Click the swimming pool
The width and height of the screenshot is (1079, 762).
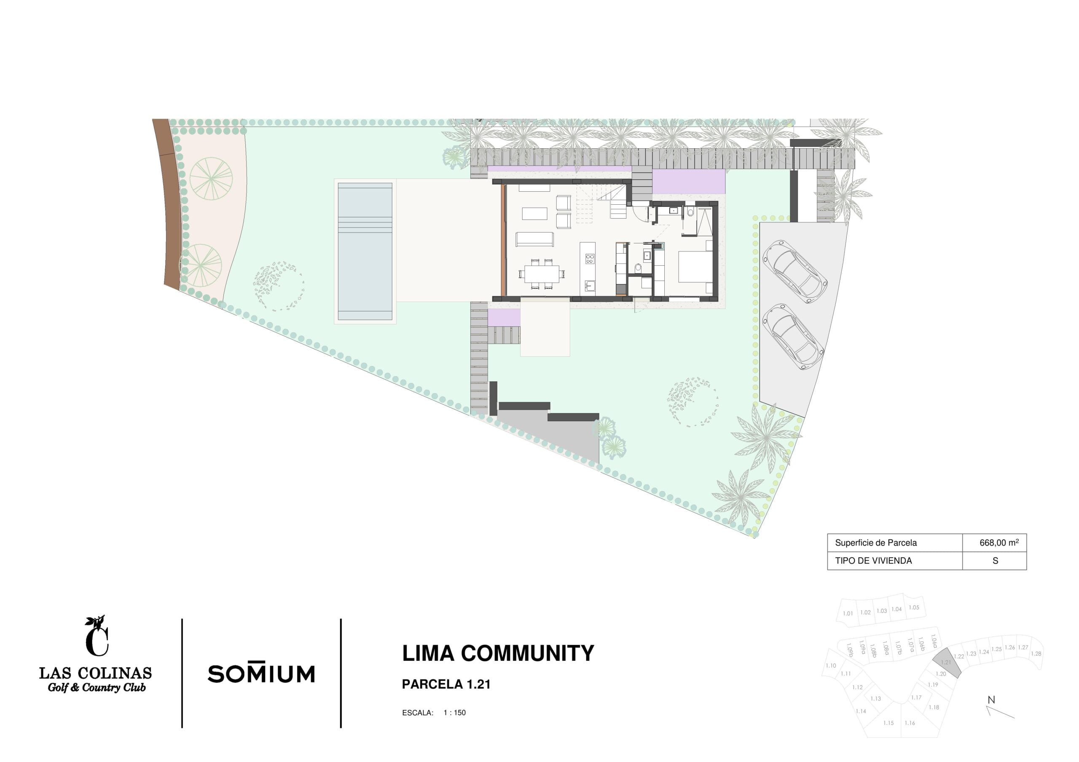coord(365,251)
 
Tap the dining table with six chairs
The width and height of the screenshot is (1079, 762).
coord(542,273)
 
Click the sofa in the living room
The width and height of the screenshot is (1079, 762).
coord(535,239)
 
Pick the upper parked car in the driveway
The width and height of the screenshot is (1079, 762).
coord(794,272)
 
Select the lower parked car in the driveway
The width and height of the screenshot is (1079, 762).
coord(792,337)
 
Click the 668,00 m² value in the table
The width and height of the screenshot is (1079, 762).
coord(999,543)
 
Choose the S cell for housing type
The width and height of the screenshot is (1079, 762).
coord(995,561)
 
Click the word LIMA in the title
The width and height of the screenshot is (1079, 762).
coord(428,653)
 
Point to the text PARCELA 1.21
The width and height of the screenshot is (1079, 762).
coord(446,684)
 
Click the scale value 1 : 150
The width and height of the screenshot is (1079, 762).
coord(454,713)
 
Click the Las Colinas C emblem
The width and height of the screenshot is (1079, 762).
coord(97,636)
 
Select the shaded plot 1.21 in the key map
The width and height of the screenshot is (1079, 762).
coord(946,663)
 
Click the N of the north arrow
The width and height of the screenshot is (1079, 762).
coord(991,700)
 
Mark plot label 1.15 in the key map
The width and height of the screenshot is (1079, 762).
coord(888,723)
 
